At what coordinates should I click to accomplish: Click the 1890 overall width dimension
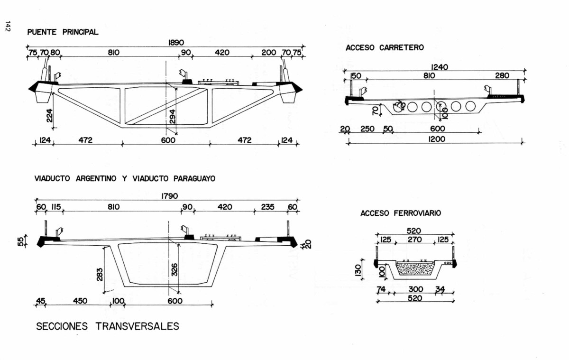click(176, 42)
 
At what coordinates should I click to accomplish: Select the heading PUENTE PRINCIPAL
click(63, 32)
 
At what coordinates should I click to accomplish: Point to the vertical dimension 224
click(50, 115)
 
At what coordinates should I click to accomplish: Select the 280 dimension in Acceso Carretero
click(502, 75)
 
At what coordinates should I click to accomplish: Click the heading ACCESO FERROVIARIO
click(401, 213)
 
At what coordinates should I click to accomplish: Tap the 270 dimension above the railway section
click(415, 240)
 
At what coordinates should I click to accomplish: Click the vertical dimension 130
click(358, 270)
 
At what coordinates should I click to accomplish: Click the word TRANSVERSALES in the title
click(138, 326)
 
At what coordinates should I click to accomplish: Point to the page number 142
click(8, 27)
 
